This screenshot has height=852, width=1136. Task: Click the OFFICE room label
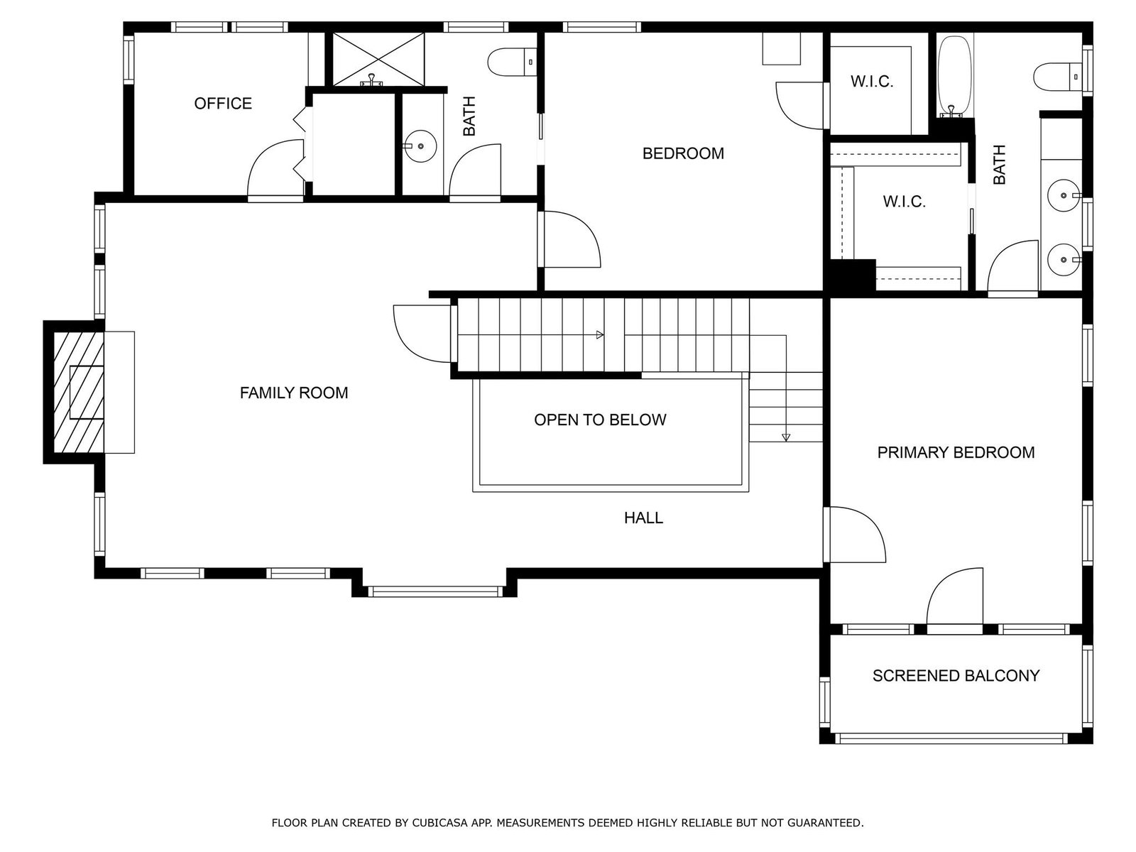223,104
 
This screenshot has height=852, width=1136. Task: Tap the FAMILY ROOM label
294,393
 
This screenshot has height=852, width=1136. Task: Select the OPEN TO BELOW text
600,420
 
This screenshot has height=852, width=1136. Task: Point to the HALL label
643,518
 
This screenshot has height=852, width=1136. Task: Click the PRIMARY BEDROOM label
956,453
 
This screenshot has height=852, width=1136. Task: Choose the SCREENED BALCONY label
956,676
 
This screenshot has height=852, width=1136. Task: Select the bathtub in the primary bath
955,76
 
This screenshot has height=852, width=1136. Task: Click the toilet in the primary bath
1056,77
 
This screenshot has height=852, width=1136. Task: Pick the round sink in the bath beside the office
420,146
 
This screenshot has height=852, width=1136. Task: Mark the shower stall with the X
378,59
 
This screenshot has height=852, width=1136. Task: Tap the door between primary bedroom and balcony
954,601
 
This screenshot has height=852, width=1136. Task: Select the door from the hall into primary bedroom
855,535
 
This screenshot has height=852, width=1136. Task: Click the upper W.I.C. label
872,82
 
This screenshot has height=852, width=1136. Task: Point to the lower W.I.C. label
904,202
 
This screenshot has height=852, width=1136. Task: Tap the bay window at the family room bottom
435,591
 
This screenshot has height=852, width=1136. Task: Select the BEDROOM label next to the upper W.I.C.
683,153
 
